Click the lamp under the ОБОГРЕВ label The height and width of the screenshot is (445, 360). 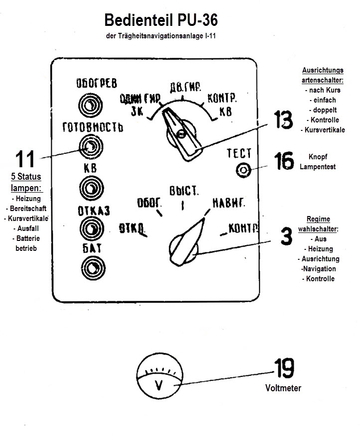pos(91,104)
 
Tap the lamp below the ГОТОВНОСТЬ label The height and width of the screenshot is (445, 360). pos(91,146)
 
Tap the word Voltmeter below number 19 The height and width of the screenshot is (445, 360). pos(283,388)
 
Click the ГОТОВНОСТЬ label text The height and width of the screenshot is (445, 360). pos(92,126)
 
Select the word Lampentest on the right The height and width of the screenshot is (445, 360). pos(318,167)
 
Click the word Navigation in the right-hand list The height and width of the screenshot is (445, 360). pos(318,269)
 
